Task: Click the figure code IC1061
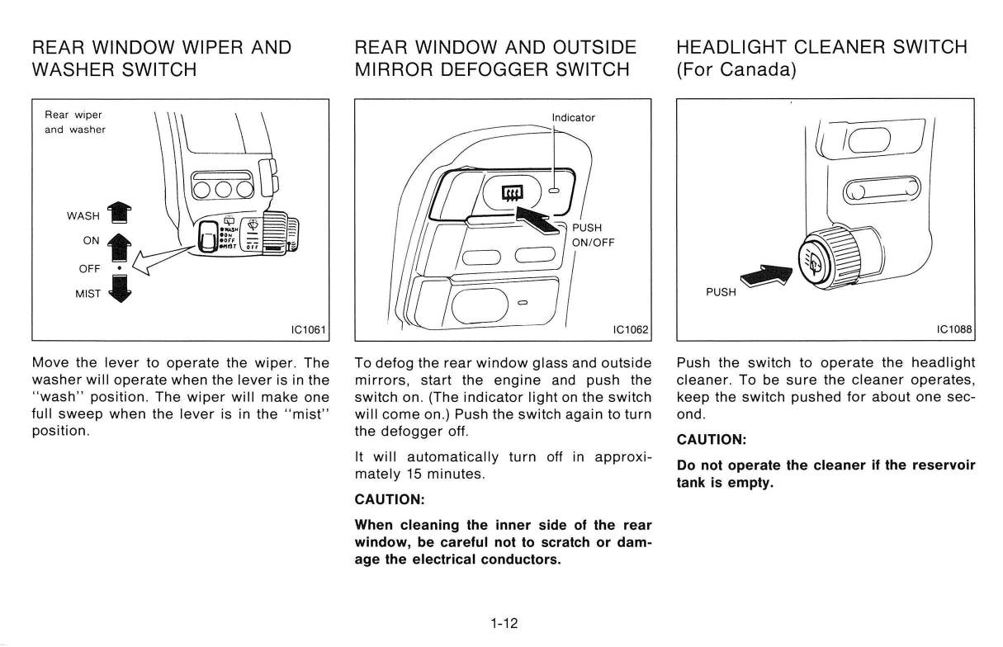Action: [308, 330]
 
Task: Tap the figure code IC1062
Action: [631, 330]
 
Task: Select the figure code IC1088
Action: [954, 329]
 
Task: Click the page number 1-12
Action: [504, 623]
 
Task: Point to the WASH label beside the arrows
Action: [83, 216]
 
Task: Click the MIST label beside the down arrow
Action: [88, 294]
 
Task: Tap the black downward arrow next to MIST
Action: [120, 289]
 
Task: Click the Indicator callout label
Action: [573, 118]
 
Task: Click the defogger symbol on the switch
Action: [512, 193]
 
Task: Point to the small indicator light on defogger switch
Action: [555, 191]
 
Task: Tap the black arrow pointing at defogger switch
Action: [539, 220]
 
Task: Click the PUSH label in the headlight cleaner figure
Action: [721, 292]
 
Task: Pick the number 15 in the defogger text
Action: [414, 474]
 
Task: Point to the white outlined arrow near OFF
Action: [164, 261]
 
